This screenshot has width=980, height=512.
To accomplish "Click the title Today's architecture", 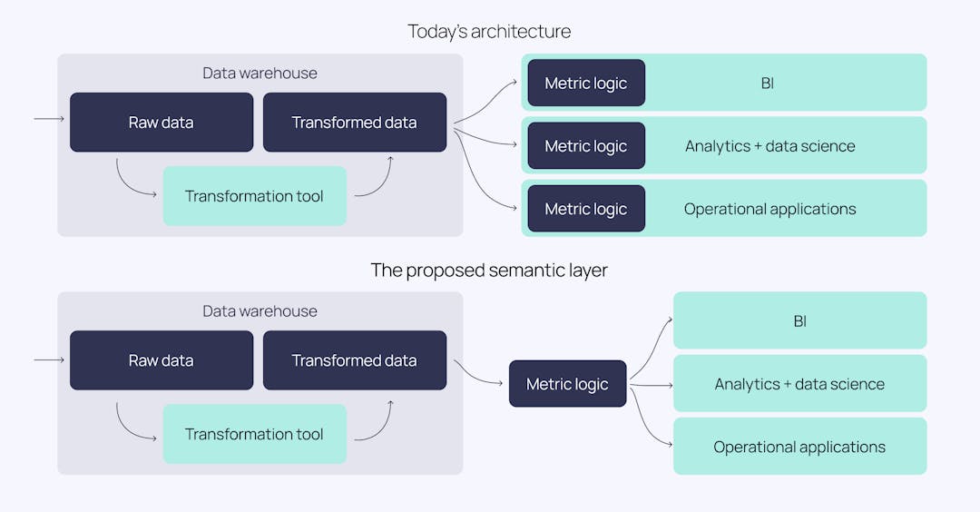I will (x=489, y=31).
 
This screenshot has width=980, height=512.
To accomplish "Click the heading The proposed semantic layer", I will (x=489, y=270).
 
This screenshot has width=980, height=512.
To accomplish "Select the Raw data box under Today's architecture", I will (x=162, y=122).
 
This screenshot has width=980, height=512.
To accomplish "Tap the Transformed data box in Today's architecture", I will (x=354, y=122).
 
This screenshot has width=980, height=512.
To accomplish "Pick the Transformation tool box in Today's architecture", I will (x=254, y=196).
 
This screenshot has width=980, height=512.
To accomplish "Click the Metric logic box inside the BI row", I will (x=585, y=83).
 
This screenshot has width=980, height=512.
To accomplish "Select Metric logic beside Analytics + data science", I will (x=585, y=145).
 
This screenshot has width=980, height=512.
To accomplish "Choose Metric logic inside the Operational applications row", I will (x=585, y=208).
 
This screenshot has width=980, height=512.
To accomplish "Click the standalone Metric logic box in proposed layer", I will (x=567, y=383).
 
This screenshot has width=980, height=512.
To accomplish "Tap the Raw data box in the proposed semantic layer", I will (x=162, y=359).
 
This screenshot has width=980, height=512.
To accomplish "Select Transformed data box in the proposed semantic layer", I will (x=354, y=359).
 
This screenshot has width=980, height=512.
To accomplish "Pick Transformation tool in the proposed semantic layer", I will (x=254, y=434).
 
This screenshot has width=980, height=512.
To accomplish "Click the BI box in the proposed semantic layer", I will (x=799, y=320).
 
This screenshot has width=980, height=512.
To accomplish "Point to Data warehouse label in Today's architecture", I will (x=260, y=73).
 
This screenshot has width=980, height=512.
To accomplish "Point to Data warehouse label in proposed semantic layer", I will (x=260, y=310).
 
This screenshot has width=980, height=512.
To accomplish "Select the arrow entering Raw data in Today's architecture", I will (x=49, y=119).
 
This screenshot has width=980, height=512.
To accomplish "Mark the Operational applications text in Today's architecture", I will (x=769, y=209).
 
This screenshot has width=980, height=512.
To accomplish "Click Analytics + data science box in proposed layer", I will (x=799, y=383).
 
